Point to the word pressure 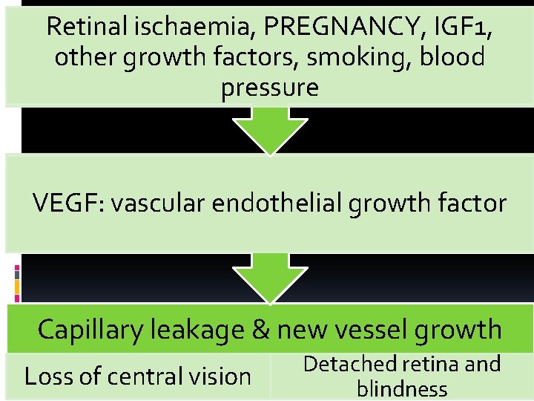269,88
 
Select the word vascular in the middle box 156,202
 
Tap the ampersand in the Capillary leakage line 260,329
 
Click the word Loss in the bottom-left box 44,376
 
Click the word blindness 402,388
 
